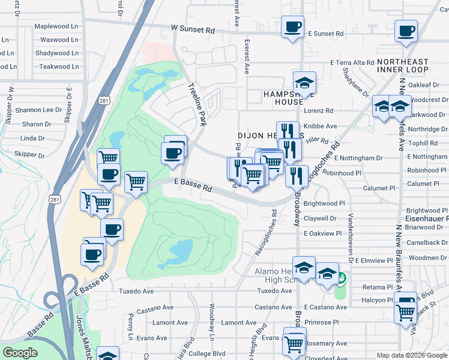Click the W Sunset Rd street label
pyautogui.click(x=192, y=28)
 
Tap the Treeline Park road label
pyautogui.click(x=199, y=105)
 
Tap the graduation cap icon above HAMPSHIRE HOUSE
pyautogui.click(x=304, y=83)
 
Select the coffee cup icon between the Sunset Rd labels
pyautogui.click(x=292, y=27)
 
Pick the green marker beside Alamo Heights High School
pyautogui.click(x=341, y=278)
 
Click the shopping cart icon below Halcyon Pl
pyautogui.click(x=406, y=311)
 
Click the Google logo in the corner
pyautogui.click(x=20, y=353)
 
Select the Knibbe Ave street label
pyautogui.click(x=321, y=127)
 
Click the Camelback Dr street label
pyautogui.click(x=423, y=243)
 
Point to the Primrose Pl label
pyautogui.click(x=326, y=322)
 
